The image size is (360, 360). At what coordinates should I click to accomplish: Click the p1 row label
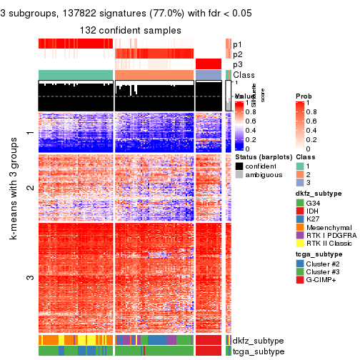point(237,44)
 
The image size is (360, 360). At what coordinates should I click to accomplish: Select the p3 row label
point(237,64)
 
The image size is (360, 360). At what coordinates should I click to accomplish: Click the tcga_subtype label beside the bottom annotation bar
point(256,351)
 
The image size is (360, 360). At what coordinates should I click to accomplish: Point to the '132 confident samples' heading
point(130,30)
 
